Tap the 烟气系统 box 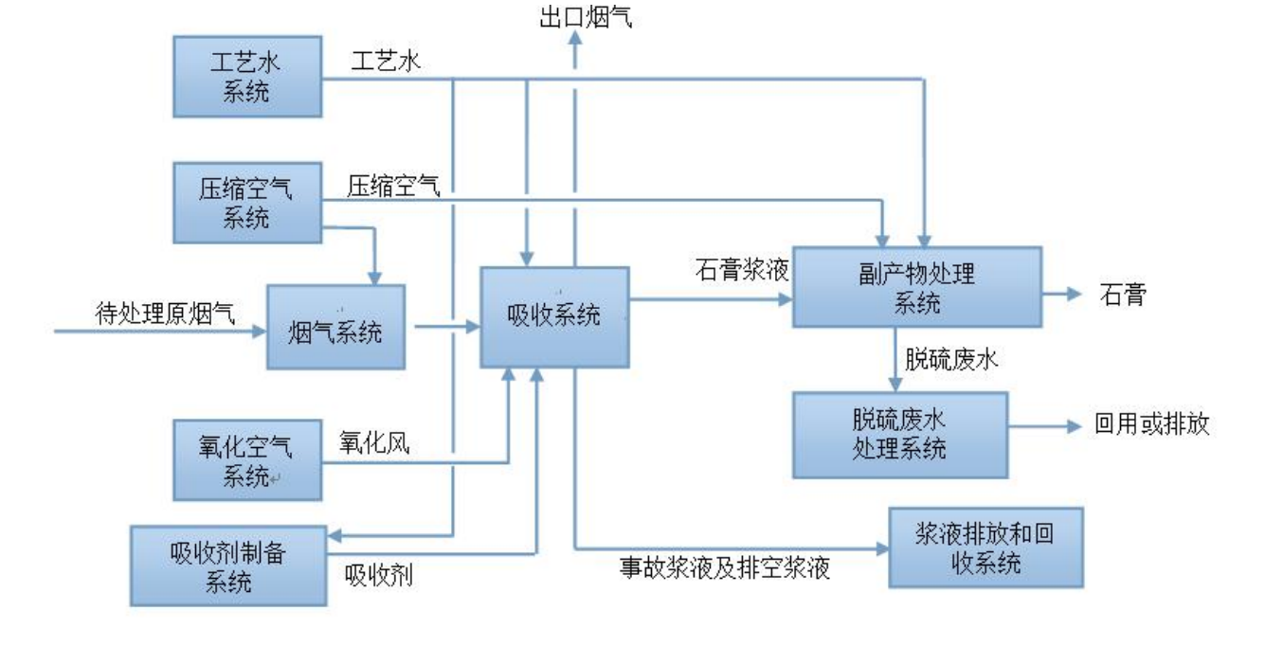[x=336, y=327]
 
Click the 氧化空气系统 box [x=247, y=459]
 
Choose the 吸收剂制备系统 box [x=228, y=565]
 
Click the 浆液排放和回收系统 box [x=985, y=548]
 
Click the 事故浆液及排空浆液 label [x=725, y=570]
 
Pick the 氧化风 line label [x=374, y=443]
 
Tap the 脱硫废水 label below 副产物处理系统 [x=949, y=361]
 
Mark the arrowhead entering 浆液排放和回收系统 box [x=880, y=547]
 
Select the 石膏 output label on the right [x=1124, y=294]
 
